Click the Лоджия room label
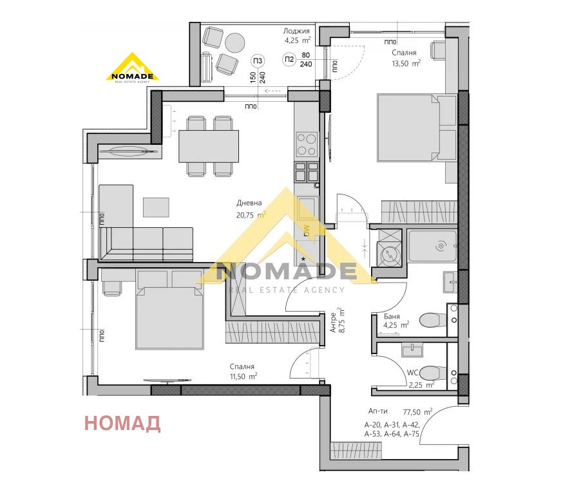[297, 31]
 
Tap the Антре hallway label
[333, 321]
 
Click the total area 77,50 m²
[417, 411]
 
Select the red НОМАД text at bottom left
[122, 423]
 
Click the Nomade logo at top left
[132, 68]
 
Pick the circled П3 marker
[258, 61]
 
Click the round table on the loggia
[235, 42]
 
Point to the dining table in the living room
[209, 146]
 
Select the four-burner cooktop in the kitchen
[307, 144]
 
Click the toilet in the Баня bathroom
[432, 319]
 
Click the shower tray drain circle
[441, 245]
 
